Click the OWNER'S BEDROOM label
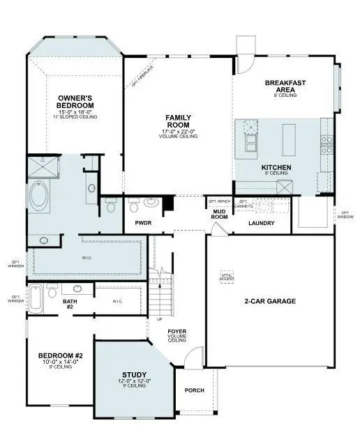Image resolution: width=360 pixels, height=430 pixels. pos(76,102)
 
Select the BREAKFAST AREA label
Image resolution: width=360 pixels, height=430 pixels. pos(285,86)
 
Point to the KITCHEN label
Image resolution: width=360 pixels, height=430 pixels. pos(276,168)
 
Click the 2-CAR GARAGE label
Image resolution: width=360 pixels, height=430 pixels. pos(270,302)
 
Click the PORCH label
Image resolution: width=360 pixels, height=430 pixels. pos(195,390)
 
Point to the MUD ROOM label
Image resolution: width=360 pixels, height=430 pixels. pos(221,213)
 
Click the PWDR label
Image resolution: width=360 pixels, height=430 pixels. pos(144,223)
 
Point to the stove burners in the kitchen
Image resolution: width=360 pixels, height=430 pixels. pos(326,144)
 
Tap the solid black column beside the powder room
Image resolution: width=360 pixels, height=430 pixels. pos(167,204)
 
